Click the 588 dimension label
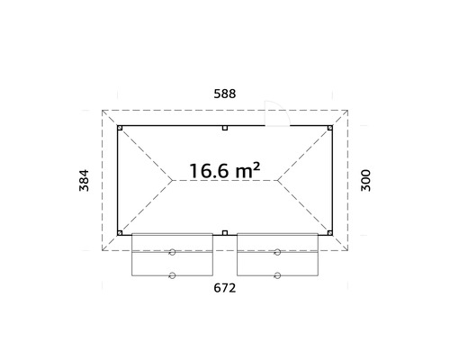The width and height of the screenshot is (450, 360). tap(224, 92)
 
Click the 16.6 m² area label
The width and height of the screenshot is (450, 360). tap(224, 168)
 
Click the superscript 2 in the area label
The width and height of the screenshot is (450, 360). tap(256, 164)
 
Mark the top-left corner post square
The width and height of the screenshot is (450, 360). tap(121, 128)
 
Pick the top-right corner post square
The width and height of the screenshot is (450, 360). tap(329, 128)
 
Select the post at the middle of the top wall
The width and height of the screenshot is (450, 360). tap(225, 128)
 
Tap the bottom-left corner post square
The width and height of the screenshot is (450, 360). tap(121, 232)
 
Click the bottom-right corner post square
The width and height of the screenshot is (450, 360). tap(329, 232)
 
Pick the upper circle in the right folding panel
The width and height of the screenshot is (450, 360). tap(278, 254)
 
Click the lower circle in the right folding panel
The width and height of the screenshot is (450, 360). tap(278, 274)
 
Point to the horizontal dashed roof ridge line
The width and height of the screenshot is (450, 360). tap(225, 180)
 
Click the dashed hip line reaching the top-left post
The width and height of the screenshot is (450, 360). tap(144, 152)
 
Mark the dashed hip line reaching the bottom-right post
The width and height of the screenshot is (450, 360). tap(306, 209)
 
